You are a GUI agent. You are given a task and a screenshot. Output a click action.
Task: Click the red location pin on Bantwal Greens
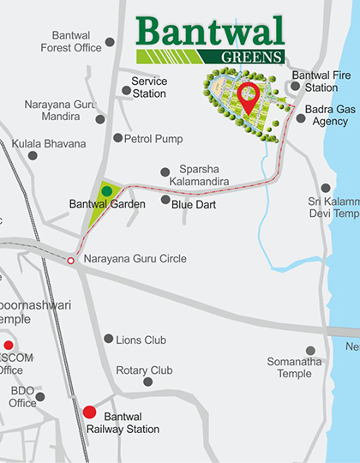[249, 96]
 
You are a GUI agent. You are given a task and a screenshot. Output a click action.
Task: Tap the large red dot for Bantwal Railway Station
[90, 412]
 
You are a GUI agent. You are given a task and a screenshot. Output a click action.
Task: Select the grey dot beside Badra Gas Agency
[300, 118]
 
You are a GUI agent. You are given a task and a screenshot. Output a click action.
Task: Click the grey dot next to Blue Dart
[165, 201]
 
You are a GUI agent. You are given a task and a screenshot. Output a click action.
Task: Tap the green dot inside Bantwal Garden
[106, 189]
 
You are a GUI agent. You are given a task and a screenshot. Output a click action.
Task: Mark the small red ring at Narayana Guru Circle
[70, 261]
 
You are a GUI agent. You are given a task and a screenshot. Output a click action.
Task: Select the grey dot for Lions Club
[108, 339]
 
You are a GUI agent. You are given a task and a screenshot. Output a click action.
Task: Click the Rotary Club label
[144, 370]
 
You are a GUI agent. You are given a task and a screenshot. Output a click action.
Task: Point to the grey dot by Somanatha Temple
[310, 351]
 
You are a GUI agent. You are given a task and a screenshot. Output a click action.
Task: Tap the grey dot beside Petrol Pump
[117, 137]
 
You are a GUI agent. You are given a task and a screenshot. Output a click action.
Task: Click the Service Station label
[149, 87]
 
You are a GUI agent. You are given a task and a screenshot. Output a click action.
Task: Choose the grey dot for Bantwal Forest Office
[110, 42]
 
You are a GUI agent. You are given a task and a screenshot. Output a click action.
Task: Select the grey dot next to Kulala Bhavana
[33, 155]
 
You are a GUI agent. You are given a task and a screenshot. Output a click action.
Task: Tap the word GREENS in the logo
[256, 57]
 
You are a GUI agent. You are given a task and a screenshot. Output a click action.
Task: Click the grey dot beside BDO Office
[39, 396]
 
